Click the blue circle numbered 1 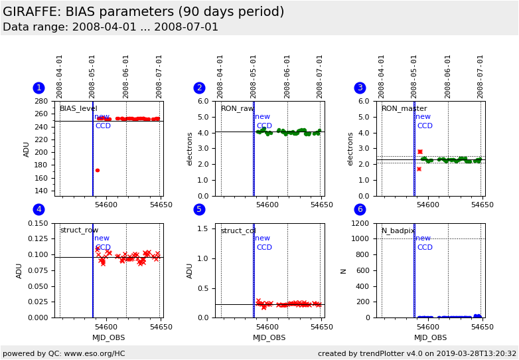click(x=39, y=88)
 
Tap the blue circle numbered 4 click(x=39, y=209)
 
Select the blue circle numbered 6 click(x=360, y=209)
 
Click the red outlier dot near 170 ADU click(x=98, y=170)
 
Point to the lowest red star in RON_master click(x=419, y=169)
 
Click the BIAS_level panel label click(x=78, y=109)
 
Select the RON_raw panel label click(x=238, y=109)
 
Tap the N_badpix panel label click(x=398, y=230)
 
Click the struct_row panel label click(x=79, y=230)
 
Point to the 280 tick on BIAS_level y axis click(x=41, y=101)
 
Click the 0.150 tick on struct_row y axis click(x=38, y=223)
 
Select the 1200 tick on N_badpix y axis click(x=360, y=223)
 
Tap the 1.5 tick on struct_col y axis click(x=202, y=228)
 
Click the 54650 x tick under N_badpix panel click(x=482, y=327)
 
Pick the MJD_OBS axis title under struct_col click(x=269, y=337)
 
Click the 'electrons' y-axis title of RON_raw click(x=189, y=149)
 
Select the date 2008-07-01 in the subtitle click(x=186, y=27)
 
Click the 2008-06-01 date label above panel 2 click(x=287, y=77)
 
